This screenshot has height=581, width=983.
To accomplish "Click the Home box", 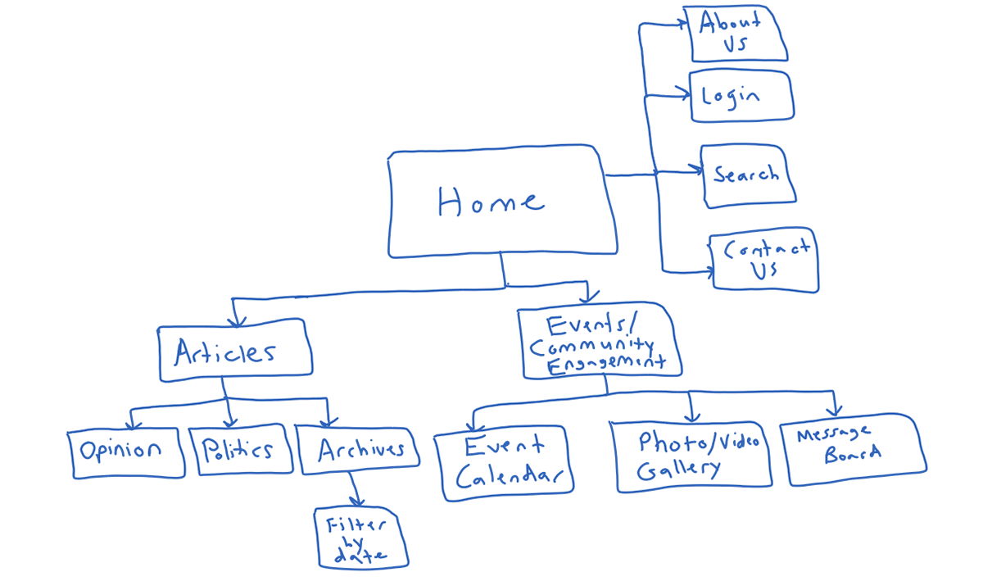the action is coord(503,201).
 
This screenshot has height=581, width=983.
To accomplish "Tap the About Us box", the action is coord(736,34).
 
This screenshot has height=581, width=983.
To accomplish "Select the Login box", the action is coord(741,96).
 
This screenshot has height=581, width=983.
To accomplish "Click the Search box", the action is coord(748,175).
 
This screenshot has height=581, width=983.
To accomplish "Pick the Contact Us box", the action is coord(764,260).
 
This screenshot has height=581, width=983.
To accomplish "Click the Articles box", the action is coord(235,351).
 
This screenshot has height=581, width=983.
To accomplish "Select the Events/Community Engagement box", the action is coord(600,340).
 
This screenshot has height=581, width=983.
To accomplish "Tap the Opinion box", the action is coord(126,453).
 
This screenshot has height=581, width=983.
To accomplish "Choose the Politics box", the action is coord(241,450).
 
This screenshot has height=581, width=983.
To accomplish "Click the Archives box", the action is coord(358,451).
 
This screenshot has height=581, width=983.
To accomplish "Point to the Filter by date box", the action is coord(361,538).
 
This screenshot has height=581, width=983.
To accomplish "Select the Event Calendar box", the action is coord(504,463).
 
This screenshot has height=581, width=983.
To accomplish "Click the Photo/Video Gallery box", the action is coord(691,456).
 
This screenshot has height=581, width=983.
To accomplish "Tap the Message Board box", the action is coord(854,449).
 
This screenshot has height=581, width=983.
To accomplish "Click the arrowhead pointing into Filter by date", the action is coord(357,502).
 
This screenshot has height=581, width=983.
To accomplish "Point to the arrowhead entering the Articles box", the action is coord(237,321).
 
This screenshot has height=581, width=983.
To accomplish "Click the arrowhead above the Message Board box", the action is coord(834,411).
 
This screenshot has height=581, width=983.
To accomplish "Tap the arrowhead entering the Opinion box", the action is coord(133,424).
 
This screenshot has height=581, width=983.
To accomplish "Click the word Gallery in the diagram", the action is coord(678,470).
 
